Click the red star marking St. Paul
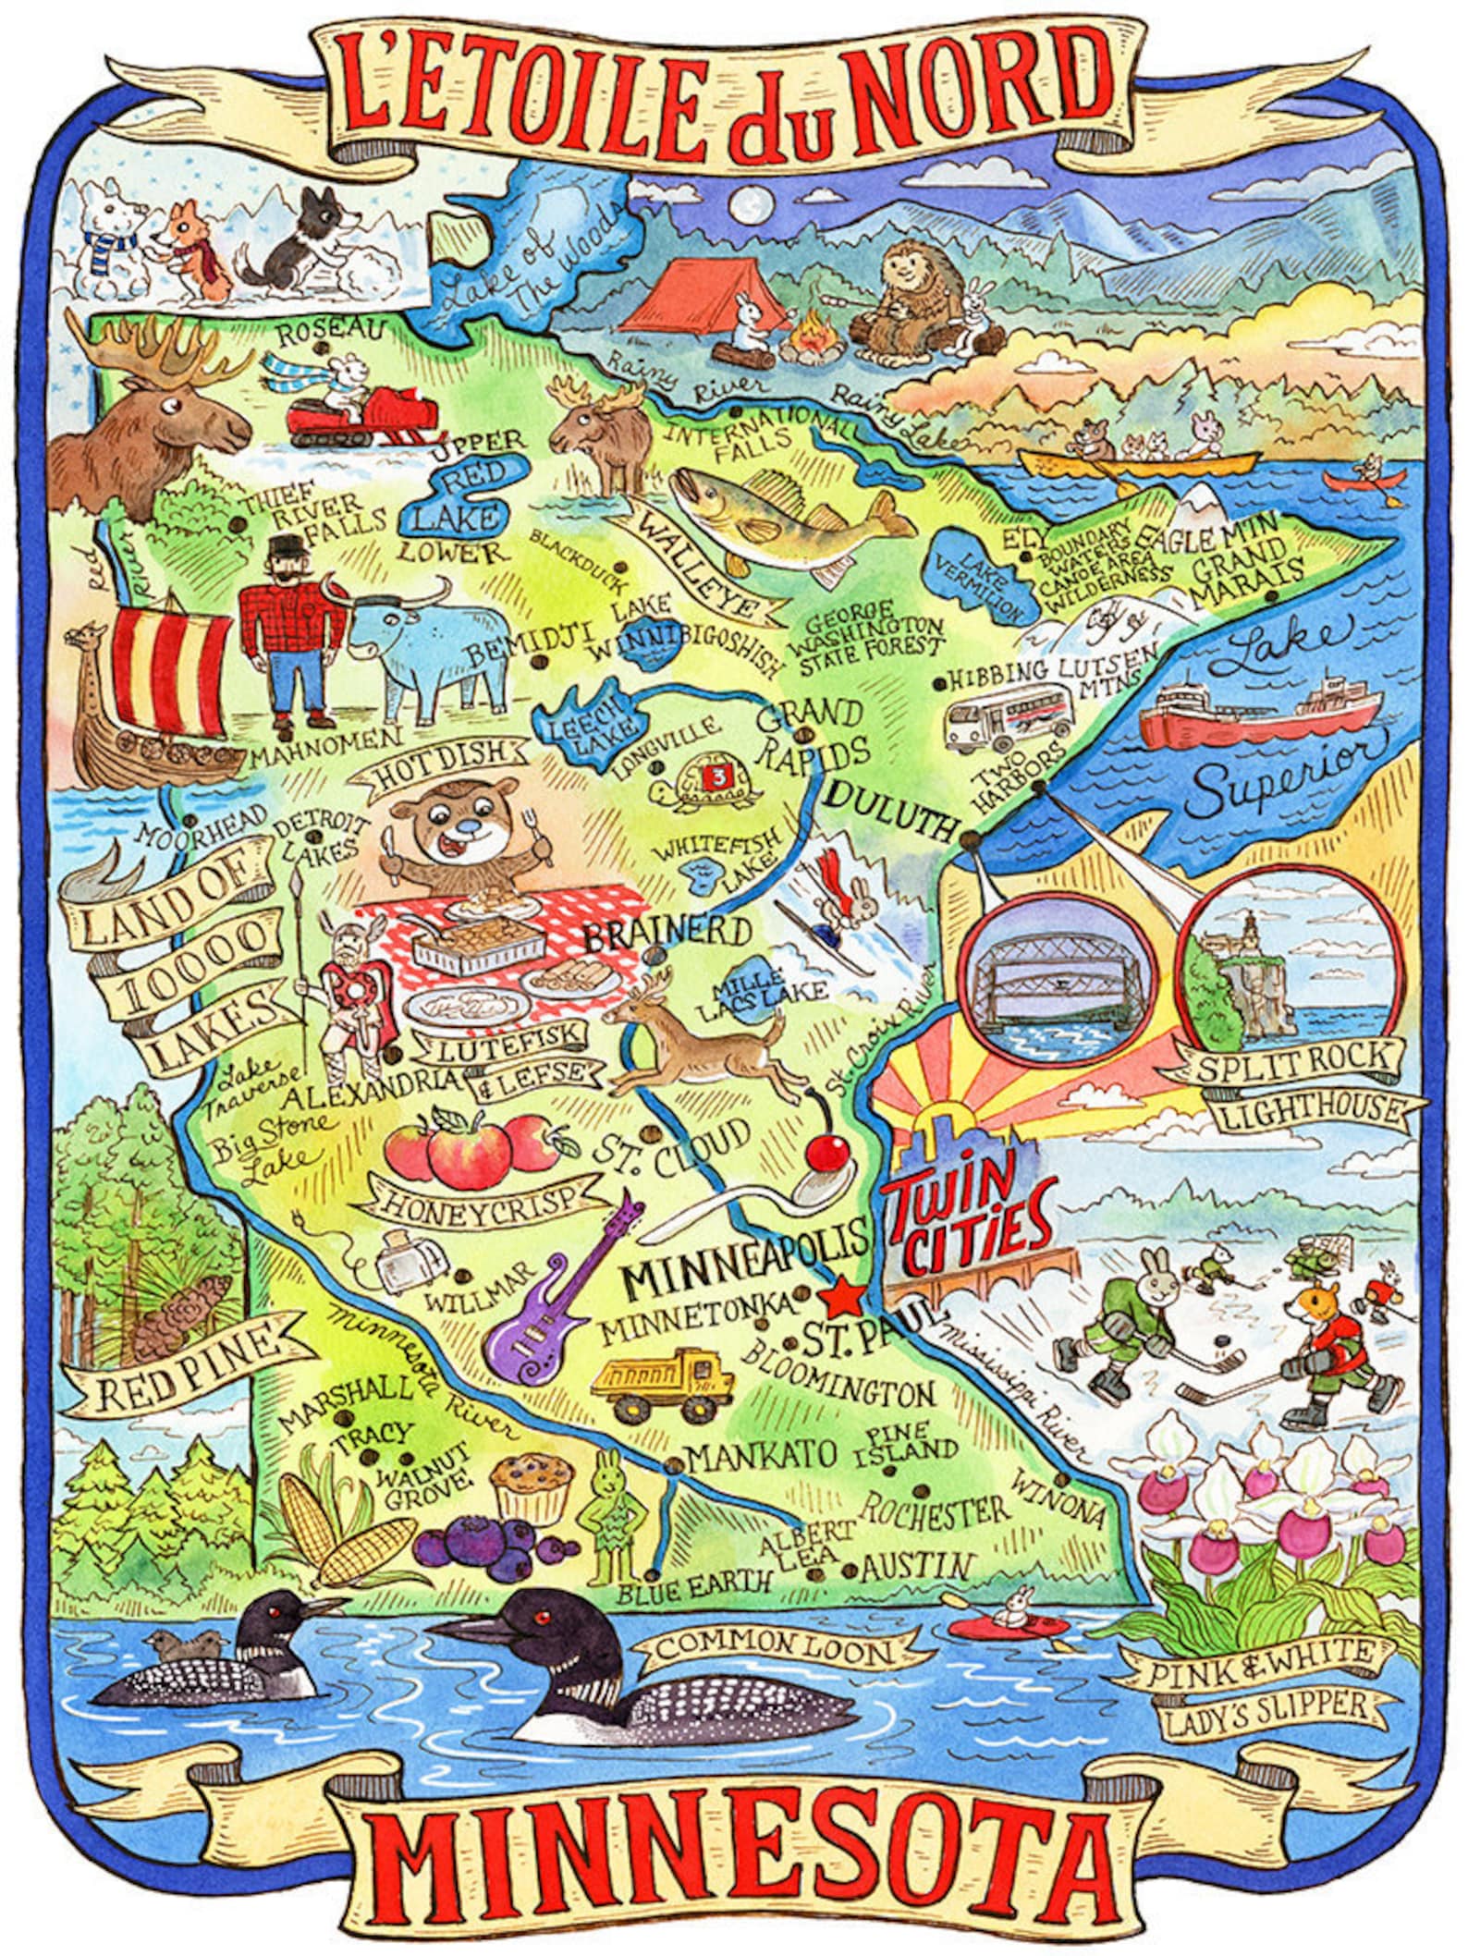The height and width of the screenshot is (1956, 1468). point(842,1299)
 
